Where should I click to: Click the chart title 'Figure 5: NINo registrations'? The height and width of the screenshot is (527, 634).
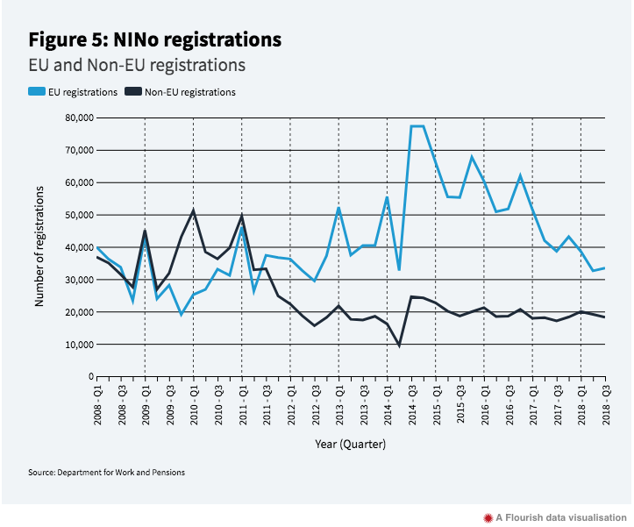(x=155, y=39)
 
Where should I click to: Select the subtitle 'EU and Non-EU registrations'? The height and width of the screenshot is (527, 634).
(x=137, y=65)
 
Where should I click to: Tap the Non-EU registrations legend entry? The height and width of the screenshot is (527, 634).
(x=181, y=91)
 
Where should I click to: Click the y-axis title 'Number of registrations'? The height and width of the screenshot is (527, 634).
(x=39, y=246)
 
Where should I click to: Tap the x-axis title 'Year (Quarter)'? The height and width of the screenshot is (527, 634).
(x=351, y=444)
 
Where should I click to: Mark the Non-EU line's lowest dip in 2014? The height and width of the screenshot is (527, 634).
(x=400, y=345)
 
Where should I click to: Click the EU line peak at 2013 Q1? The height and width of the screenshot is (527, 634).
(x=338, y=208)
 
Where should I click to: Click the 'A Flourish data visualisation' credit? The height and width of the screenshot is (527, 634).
(x=558, y=516)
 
